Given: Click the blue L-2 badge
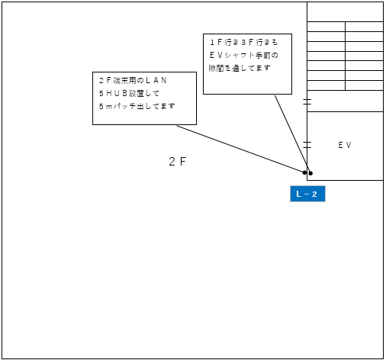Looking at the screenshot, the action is coord(307,194).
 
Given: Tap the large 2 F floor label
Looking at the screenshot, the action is coord(178,162).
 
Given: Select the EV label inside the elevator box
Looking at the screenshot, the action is coord(345,145).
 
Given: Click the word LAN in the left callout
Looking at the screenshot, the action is coord(156,80).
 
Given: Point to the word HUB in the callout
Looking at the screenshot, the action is coord(117,93).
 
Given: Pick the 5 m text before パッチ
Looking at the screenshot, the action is coord(105,106).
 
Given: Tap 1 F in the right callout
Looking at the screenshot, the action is coord(217,42).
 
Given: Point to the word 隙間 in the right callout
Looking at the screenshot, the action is coord(216,68).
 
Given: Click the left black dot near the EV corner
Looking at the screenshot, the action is coord(304,172).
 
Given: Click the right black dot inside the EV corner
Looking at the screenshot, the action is coord(310,173).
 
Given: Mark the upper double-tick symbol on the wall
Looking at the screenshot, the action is coord(307,101).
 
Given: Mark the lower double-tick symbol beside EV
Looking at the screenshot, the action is coord(307,145).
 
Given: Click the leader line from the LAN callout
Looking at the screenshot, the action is coord(240,149).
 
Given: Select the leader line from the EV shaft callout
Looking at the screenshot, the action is coord(293,134).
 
